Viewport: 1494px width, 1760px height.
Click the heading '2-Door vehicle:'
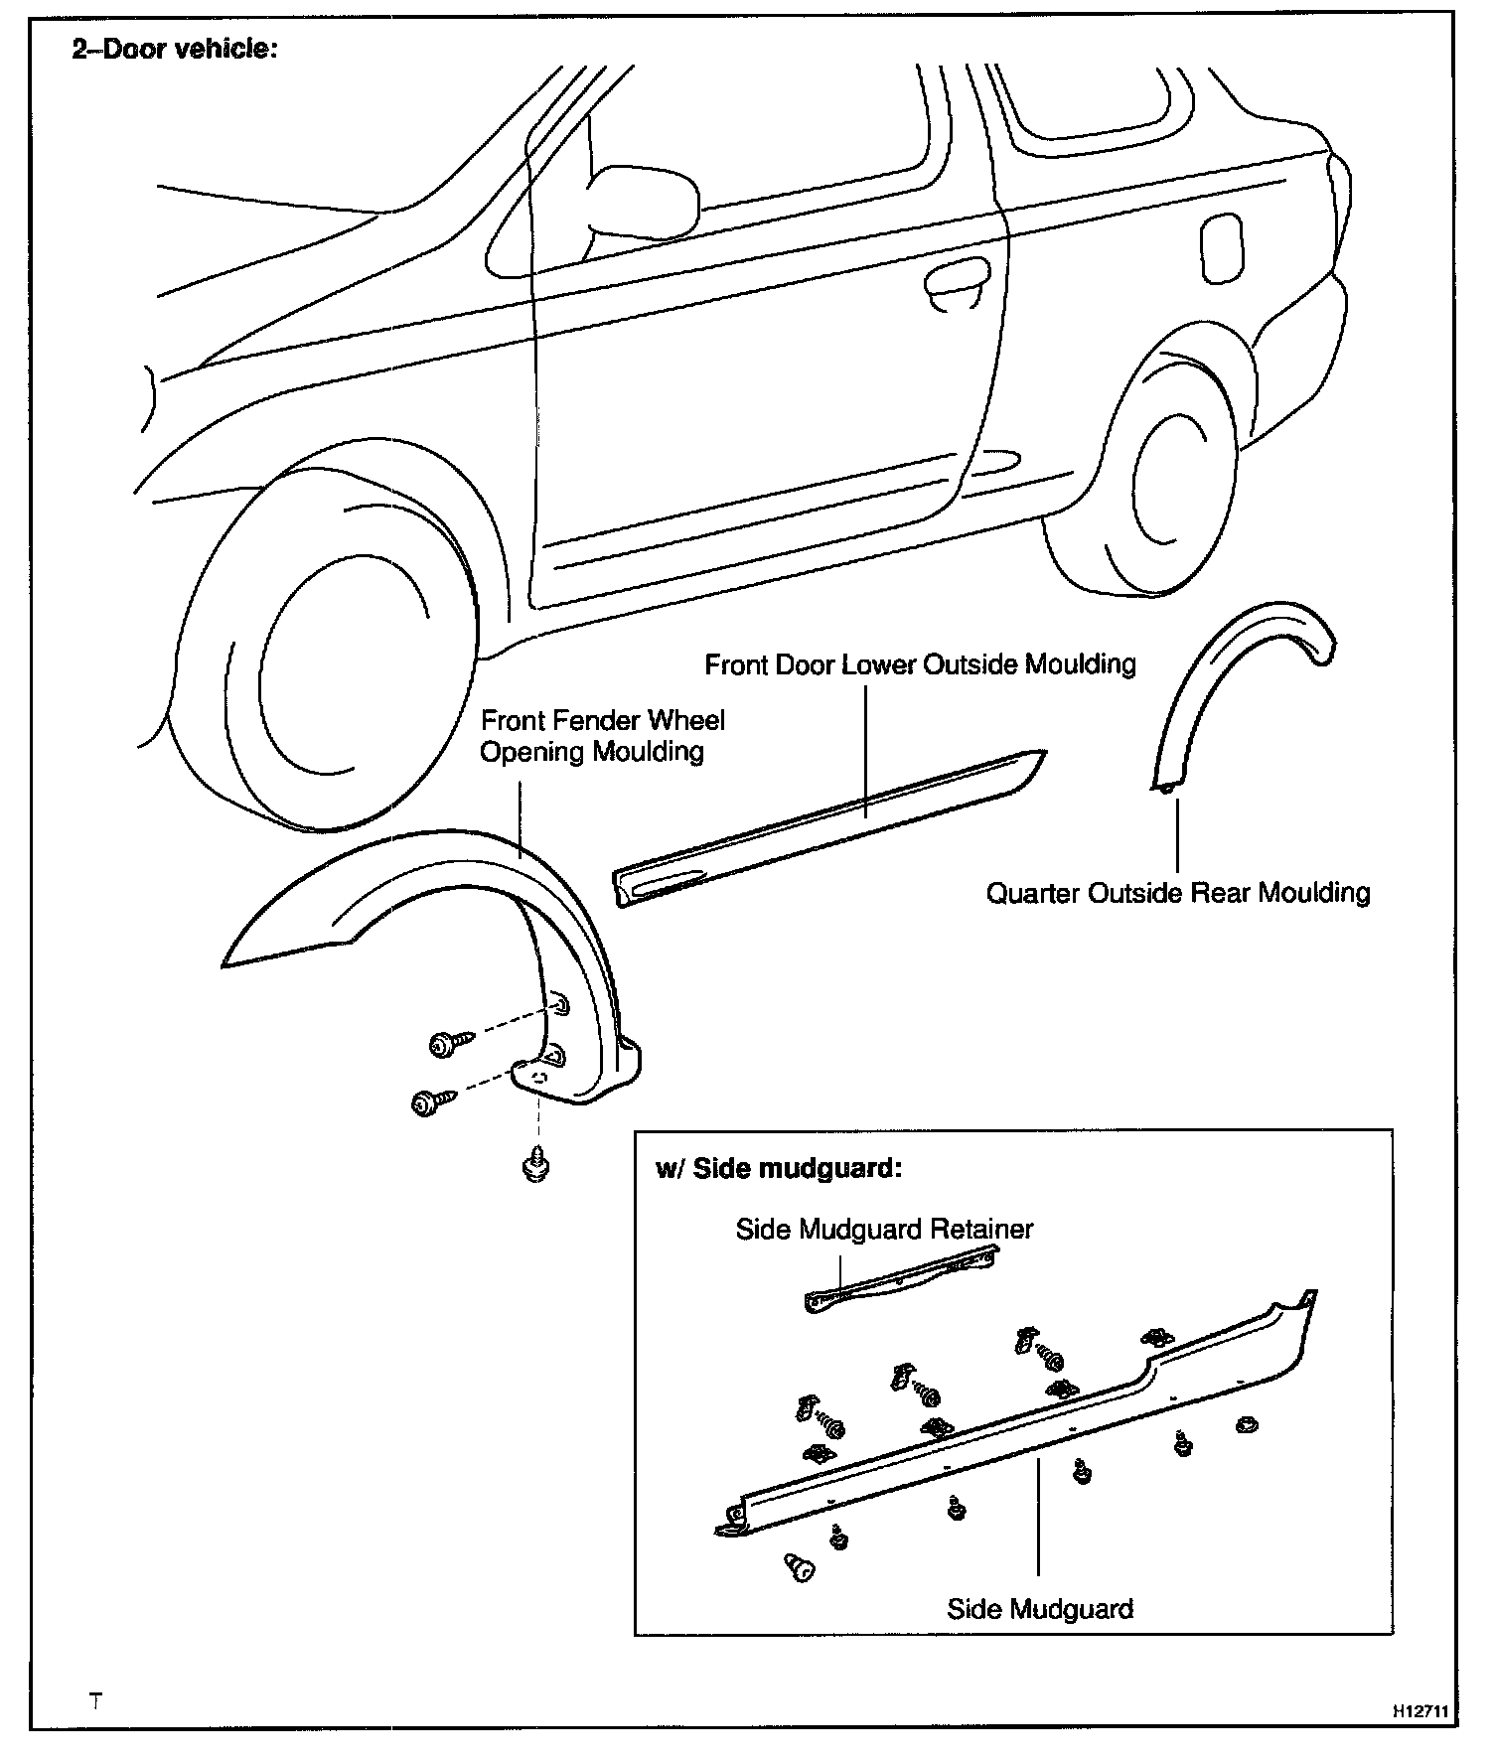click(x=174, y=49)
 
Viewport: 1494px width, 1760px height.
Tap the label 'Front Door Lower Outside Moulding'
click(x=920, y=664)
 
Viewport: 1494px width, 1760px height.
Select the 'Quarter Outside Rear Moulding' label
click(x=1177, y=893)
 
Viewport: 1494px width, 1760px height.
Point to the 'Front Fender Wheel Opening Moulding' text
click(x=602, y=736)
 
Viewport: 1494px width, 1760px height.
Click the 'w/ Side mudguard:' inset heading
click(x=778, y=1168)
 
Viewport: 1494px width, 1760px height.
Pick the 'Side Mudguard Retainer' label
click(x=884, y=1230)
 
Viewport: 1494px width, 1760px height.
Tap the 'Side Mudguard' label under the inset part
click(x=1040, y=1609)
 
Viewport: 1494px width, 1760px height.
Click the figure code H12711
click(x=1420, y=1712)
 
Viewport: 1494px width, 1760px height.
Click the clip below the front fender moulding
click(x=536, y=1165)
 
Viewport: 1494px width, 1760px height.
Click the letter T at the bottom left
click(x=95, y=1700)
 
